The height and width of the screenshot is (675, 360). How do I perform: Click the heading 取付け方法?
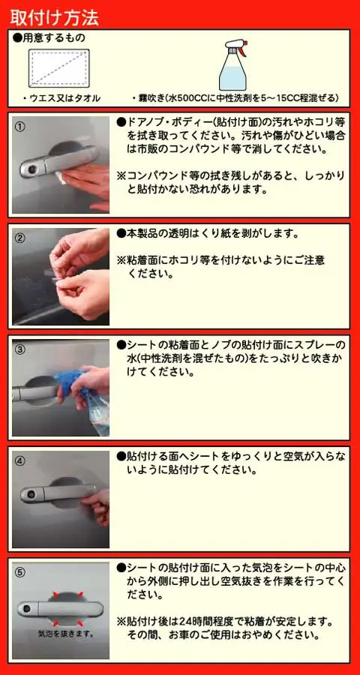point(54,18)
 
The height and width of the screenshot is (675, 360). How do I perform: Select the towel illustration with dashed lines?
point(59,68)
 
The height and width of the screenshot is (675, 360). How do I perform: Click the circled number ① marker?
point(19,127)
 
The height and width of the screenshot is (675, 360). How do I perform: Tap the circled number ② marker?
point(19,238)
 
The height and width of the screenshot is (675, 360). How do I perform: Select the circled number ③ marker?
point(19,349)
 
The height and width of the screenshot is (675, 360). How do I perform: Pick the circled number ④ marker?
point(19,460)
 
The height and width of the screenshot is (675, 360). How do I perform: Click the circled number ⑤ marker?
point(19,572)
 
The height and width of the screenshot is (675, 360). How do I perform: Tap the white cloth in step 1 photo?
point(61,176)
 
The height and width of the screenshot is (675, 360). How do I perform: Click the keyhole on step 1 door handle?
point(31,171)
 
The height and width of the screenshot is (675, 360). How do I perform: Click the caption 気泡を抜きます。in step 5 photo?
point(66,634)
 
